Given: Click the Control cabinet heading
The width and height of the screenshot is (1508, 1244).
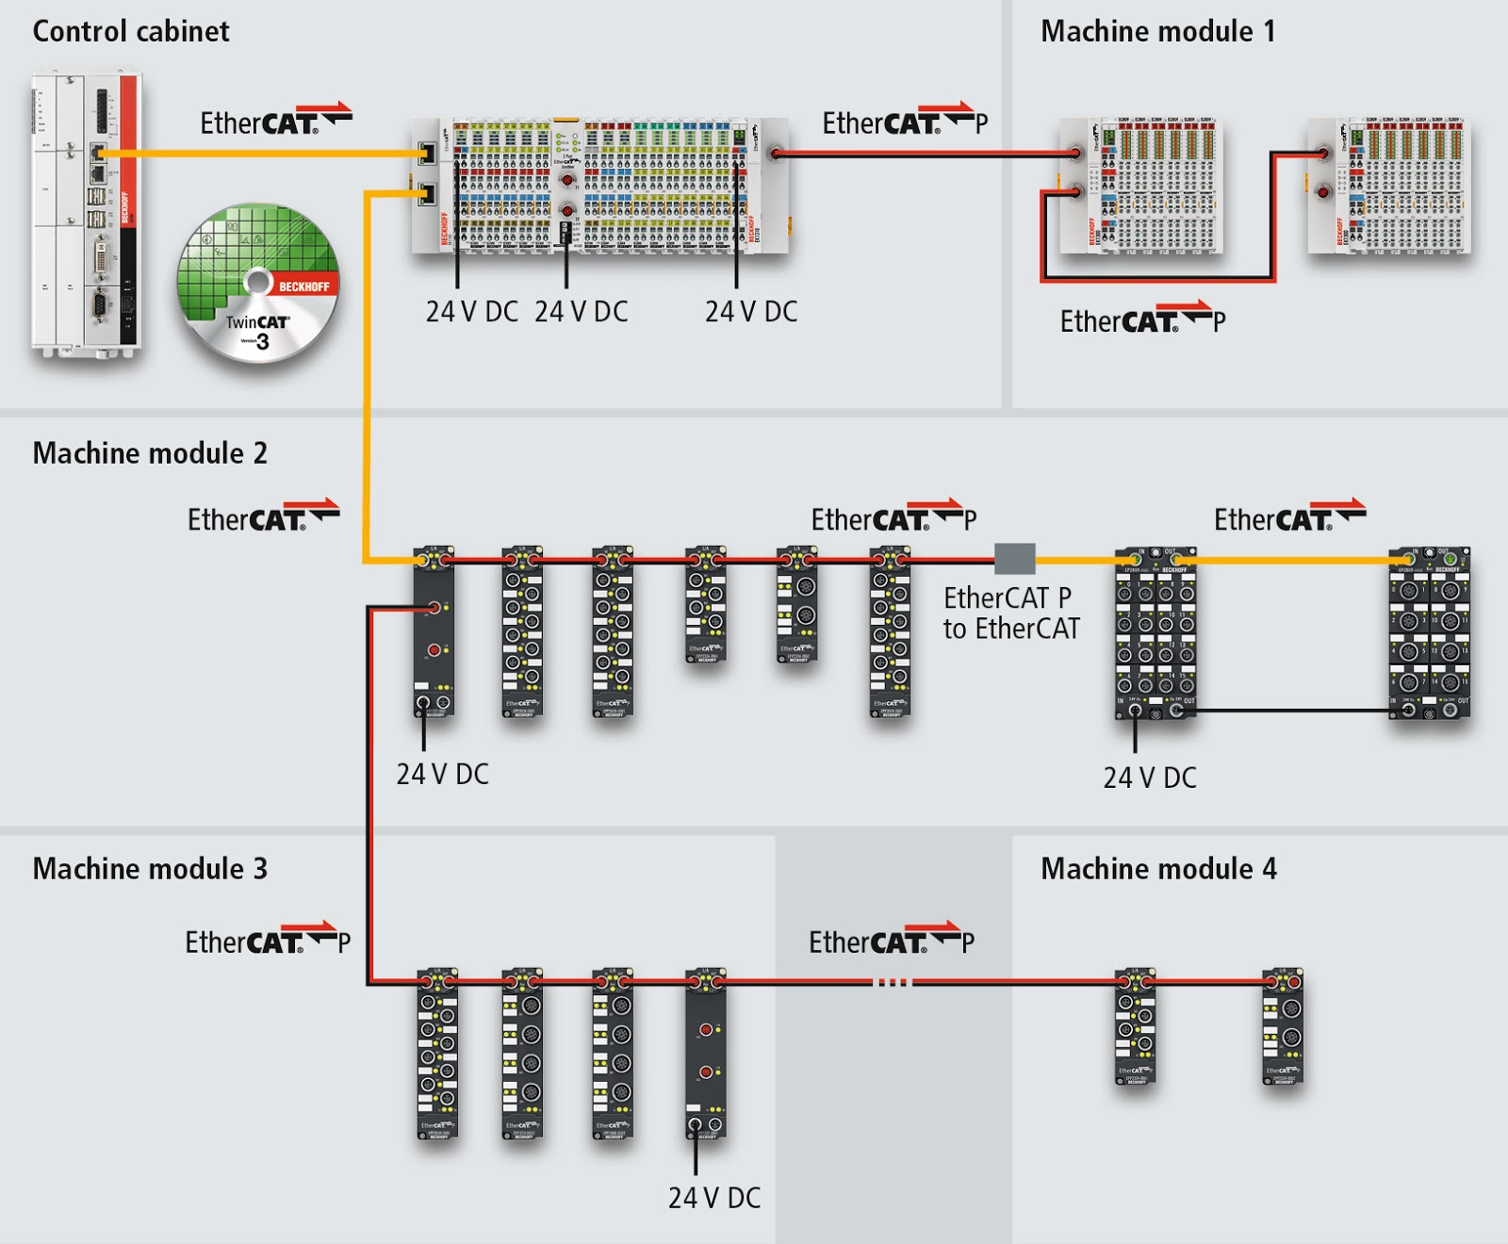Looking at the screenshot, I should [131, 31].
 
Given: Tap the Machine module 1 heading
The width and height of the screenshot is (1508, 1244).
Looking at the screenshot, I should [1157, 31].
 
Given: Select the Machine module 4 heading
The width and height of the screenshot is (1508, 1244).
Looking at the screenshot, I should [1158, 868].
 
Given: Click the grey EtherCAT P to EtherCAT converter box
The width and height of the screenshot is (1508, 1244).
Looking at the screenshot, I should [1015, 559].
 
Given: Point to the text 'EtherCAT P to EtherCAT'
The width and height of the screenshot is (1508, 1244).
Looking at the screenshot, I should [1010, 613].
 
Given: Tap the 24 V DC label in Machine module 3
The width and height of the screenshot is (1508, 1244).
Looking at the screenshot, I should [713, 1198].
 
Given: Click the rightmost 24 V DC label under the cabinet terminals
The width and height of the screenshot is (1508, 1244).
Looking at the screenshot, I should [751, 311].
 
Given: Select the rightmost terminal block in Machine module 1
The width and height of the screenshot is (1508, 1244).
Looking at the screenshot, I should [1389, 186].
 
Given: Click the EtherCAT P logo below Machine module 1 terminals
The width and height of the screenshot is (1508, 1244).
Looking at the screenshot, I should [1142, 320].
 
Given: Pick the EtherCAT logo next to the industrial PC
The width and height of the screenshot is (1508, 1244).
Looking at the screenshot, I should [275, 122].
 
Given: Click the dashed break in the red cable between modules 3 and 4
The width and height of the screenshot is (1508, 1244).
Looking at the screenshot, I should [893, 982].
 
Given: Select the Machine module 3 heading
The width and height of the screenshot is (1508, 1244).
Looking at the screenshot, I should [150, 868].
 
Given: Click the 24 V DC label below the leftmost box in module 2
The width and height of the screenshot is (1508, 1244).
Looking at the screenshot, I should [442, 774].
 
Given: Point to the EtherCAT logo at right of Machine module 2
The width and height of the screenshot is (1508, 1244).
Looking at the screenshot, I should [1288, 518].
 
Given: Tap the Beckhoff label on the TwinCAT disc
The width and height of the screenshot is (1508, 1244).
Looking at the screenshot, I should [303, 286].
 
